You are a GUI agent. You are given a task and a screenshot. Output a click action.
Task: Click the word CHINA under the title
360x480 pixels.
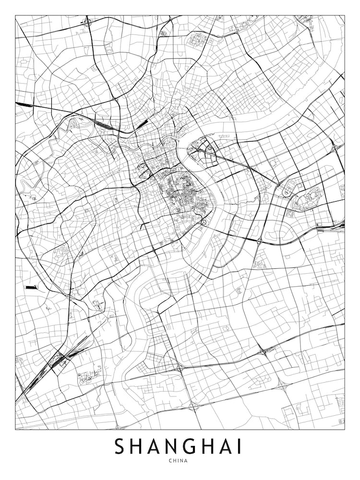(180, 461)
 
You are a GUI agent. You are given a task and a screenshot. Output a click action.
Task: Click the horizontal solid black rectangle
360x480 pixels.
(32, 288)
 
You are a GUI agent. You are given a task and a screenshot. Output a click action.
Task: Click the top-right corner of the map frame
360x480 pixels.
(345, 15)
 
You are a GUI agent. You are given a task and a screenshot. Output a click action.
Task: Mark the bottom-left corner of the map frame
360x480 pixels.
(15, 429)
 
